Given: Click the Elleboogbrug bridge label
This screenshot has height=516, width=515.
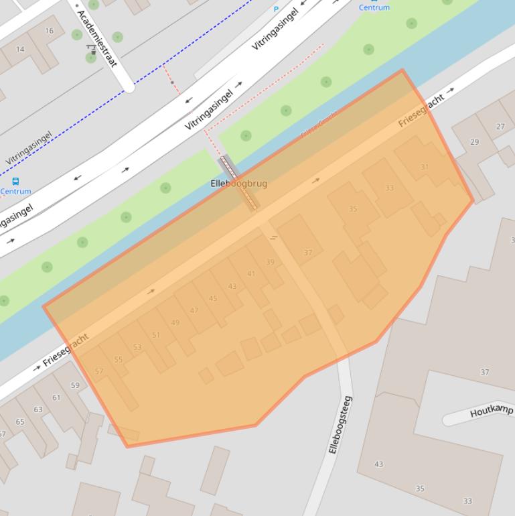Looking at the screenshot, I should [239, 183].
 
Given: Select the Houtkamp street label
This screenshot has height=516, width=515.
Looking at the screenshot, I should [491, 411].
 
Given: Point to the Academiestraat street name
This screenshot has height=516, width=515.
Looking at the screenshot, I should [97, 38].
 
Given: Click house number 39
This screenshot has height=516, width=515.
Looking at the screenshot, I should [270, 262].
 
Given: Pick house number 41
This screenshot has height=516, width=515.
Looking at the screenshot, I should [251, 273].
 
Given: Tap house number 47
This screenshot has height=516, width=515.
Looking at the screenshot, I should [194, 310].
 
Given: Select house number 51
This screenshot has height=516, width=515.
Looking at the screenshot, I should [156, 335].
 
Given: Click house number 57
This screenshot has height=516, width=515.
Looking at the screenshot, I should [99, 371].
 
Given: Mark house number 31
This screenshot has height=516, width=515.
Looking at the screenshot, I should [425, 167].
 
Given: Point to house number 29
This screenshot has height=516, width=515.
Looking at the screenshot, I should [475, 142].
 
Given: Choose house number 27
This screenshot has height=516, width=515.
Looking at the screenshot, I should [500, 126].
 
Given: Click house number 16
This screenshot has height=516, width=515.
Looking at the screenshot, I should [50, 31].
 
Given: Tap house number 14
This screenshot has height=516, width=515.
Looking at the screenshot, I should [20, 49].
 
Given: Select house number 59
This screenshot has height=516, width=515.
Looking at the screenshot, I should [75, 385].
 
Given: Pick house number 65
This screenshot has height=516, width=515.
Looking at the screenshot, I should [20, 422].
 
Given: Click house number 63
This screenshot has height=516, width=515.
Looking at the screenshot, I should [38, 409].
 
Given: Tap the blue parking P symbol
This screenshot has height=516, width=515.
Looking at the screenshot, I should [276, 9].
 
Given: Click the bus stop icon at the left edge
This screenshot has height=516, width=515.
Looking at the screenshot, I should [15, 182].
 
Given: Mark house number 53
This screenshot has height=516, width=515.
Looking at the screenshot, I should [137, 347].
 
